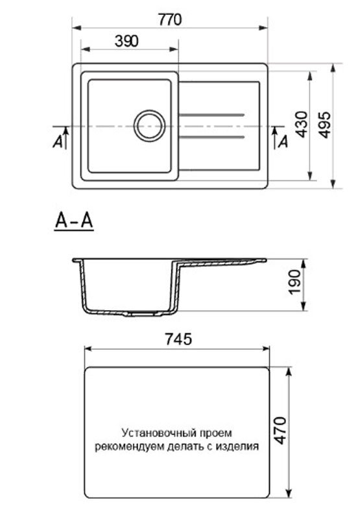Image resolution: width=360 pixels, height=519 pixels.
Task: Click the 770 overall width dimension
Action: pyautogui.click(x=170, y=19)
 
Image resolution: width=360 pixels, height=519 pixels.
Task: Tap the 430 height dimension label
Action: pyautogui.click(x=300, y=124)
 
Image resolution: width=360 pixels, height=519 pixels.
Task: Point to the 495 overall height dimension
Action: pyautogui.click(x=325, y=124)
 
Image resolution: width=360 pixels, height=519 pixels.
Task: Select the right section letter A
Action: pyautogui.click(x=283, y=143)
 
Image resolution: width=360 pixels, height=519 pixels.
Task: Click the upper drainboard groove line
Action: pyautogui.click(x=211, y=114)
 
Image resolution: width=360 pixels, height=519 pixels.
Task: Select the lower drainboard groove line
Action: pyautogui.click(x=211, y=137)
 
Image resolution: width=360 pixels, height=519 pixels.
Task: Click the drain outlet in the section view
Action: pyautogui.click(x=145, y=313)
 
